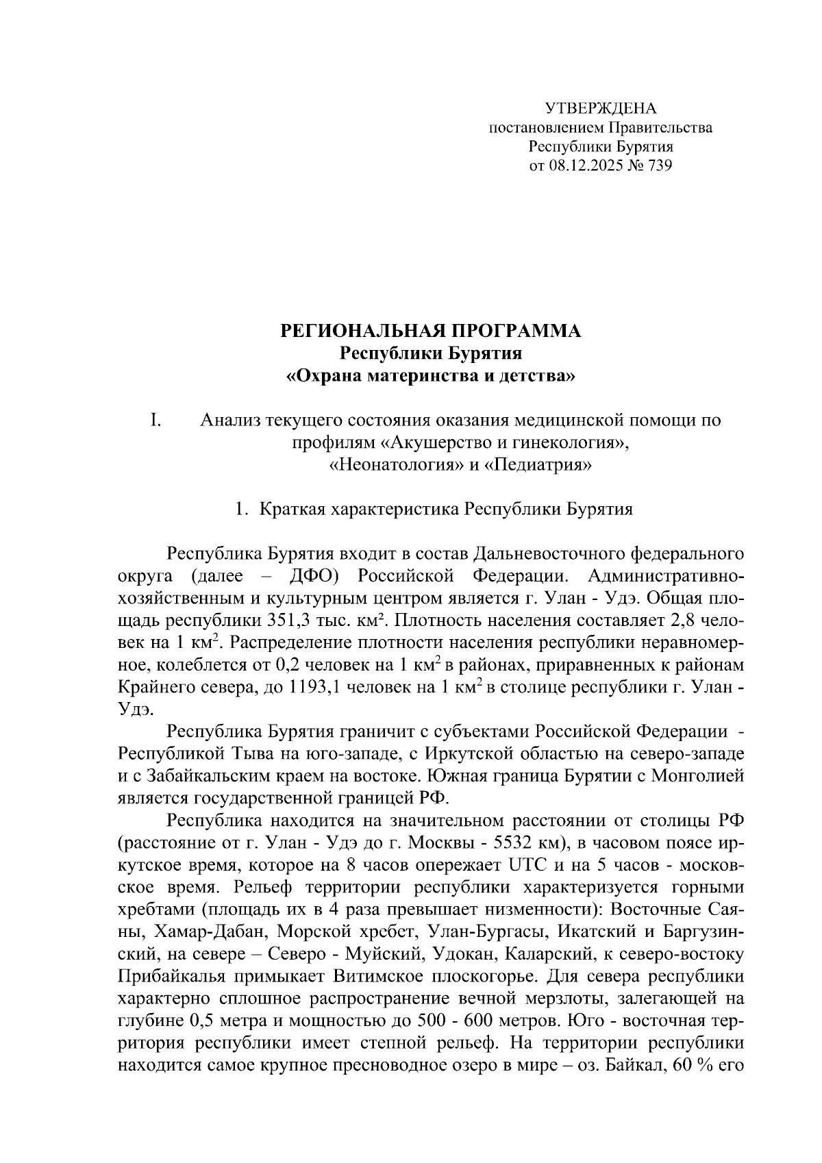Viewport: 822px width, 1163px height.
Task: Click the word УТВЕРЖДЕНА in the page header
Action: coord(600,108)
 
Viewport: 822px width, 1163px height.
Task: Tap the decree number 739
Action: coord(660,166)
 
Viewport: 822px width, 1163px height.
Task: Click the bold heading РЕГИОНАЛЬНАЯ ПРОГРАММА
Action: coord(431,332)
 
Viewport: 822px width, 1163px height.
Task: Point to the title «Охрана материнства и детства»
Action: coord(431,376)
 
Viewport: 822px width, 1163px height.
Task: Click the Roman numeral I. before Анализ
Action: coord(155,421)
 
